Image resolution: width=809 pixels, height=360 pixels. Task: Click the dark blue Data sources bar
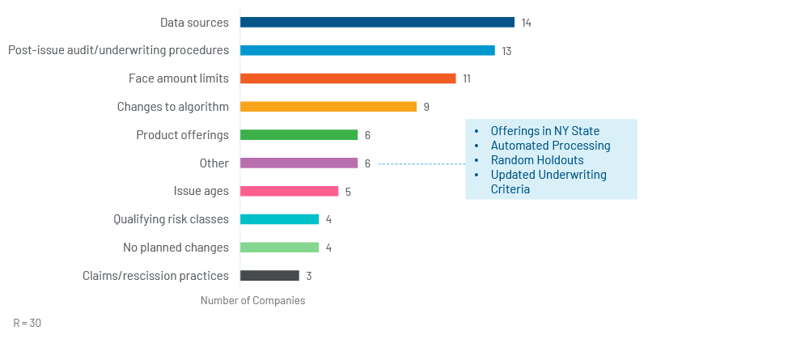click(377, 23)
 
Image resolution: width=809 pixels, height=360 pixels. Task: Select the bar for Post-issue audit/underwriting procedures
click(367, 50)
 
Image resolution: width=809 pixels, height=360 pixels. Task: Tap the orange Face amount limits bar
click(348, 78)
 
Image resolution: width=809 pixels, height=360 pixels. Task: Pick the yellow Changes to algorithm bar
click(328, 107)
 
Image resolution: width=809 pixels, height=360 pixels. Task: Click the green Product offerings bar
click(299, 135)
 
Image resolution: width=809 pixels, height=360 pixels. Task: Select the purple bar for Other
click(299, 163)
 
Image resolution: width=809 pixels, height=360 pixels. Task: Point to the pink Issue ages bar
click(289, 191)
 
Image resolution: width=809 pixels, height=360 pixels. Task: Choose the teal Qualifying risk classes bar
click(279, 219)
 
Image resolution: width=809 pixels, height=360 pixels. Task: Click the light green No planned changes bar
click(279, 248)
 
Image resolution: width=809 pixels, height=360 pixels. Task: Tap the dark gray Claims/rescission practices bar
click(269, 276)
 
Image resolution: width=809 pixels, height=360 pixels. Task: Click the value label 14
click(526, 23)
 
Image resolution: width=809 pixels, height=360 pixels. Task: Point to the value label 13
click(506, 51)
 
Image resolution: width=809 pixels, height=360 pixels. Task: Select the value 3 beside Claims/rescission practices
click(309, 276)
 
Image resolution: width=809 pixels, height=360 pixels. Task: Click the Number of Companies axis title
click(253, 301)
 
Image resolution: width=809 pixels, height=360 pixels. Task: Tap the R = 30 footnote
click(28, 323)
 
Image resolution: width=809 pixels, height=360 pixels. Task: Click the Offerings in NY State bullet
click(544, 131)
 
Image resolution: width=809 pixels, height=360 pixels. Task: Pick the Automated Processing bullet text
click(550, 146)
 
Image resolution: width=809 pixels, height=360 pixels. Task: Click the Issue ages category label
click(201, 192)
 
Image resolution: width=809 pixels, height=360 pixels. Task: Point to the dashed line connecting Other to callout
click(421, 163)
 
